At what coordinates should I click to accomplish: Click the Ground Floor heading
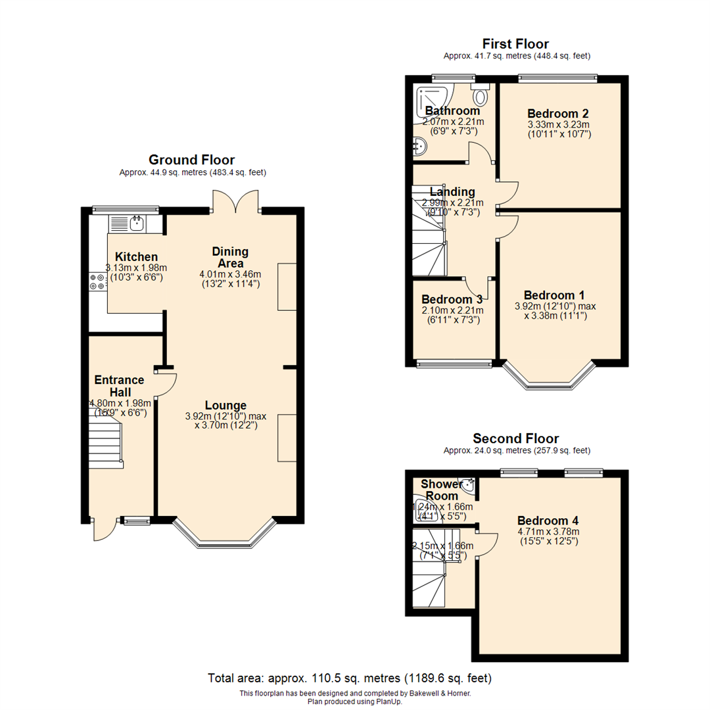click(191, 160)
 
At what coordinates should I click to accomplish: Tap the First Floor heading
click(515, 44)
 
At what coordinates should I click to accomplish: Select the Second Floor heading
click(515, 438)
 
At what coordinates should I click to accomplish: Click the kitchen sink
click(137, 224)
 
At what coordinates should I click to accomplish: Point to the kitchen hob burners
click(97, 281)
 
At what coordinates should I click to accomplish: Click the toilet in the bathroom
click(481, 97)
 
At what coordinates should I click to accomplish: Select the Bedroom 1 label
click(554, 295)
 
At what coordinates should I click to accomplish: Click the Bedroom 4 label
click(547, 519)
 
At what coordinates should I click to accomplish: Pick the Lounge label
click(225, 405)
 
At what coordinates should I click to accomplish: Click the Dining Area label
click(230, 258)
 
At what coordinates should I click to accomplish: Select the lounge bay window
click(223, 536)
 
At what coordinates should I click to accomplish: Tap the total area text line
click(350, 678)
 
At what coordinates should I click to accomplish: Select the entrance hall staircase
click(106, 444)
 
